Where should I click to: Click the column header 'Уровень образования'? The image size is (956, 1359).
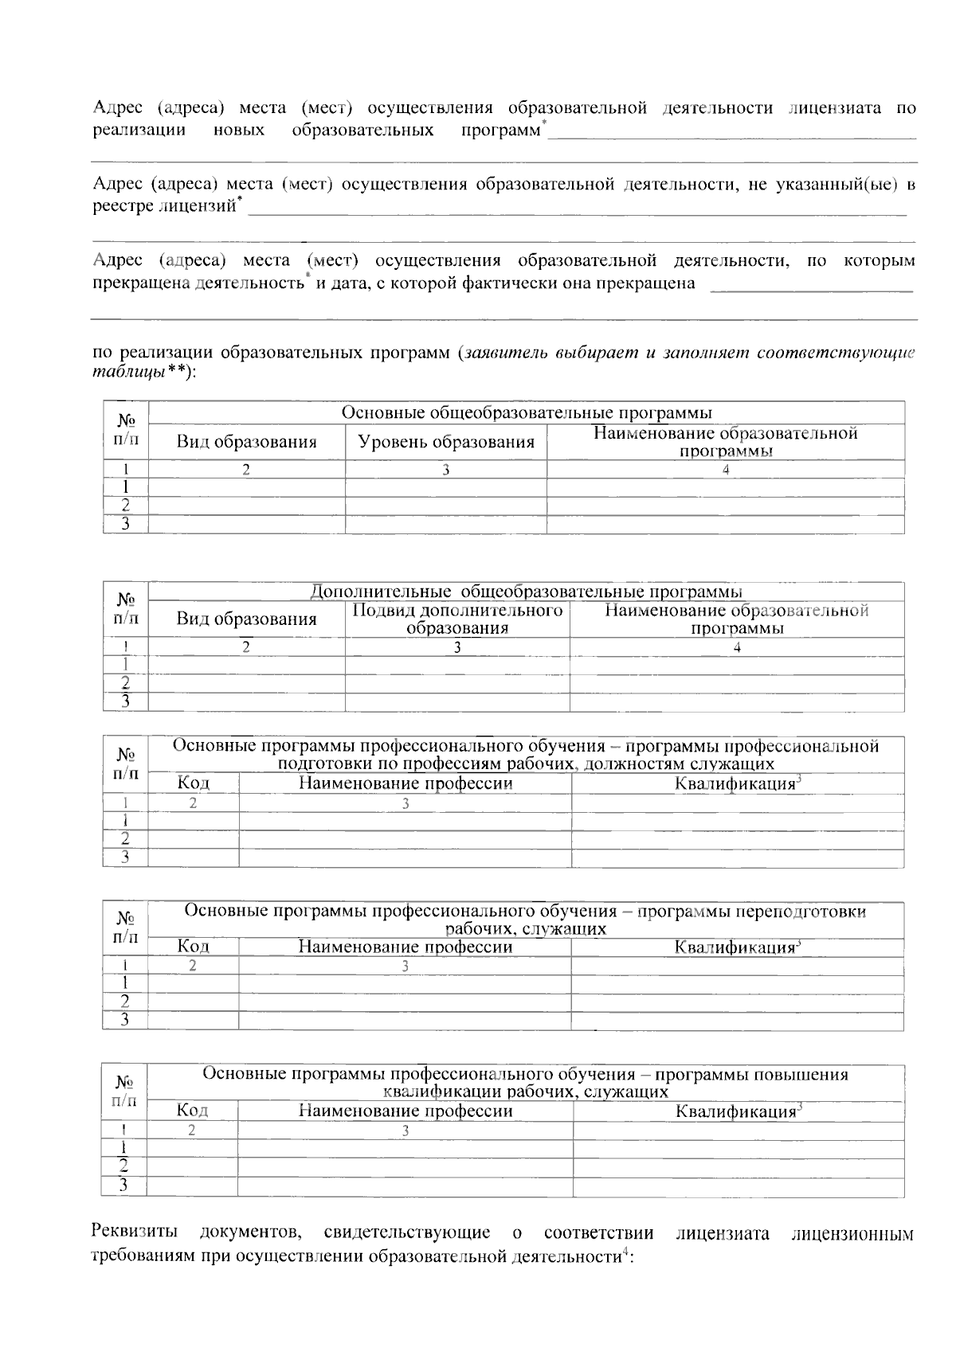tap(446, 443)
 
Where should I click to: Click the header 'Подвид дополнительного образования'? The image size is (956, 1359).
tap(457, 619)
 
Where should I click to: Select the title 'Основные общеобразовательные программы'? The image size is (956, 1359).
tap(527, 412)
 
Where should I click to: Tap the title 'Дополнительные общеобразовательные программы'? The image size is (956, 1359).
tap(526, 592)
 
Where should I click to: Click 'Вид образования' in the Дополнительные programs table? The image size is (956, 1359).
tap(246, 619)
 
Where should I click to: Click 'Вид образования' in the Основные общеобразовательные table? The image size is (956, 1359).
tap(246, 443)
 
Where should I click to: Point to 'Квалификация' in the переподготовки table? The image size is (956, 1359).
tap(736, 947)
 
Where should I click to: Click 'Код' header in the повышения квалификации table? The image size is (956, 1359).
tap(192, 1110)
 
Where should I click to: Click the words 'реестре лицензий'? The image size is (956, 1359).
tap(164, 208)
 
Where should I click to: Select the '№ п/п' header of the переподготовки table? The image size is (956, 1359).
tap(125, 928)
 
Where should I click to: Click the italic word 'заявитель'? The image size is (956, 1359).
tap(505, 353)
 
